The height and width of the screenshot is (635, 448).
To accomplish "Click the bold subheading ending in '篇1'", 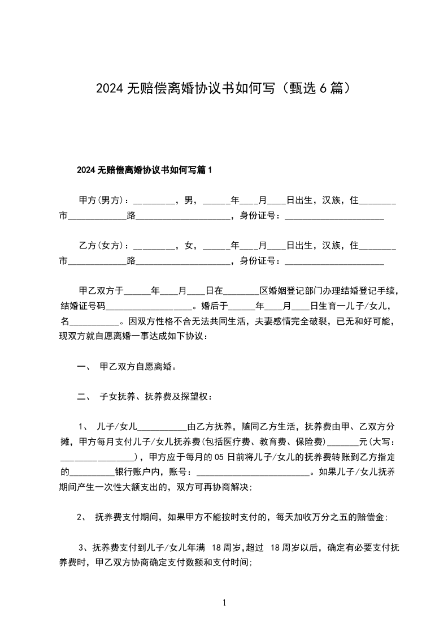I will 143,170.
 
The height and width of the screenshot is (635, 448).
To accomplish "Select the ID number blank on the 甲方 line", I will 334,216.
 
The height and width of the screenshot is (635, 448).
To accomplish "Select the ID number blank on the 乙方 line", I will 334,261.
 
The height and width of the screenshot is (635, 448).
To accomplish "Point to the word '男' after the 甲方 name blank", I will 188,200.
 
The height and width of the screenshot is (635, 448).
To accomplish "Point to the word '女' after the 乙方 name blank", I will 188,246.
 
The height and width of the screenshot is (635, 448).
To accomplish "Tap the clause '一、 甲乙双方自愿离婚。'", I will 127,367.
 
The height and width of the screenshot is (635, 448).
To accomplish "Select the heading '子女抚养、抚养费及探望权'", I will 155,397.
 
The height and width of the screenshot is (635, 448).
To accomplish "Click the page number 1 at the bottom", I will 224,603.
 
